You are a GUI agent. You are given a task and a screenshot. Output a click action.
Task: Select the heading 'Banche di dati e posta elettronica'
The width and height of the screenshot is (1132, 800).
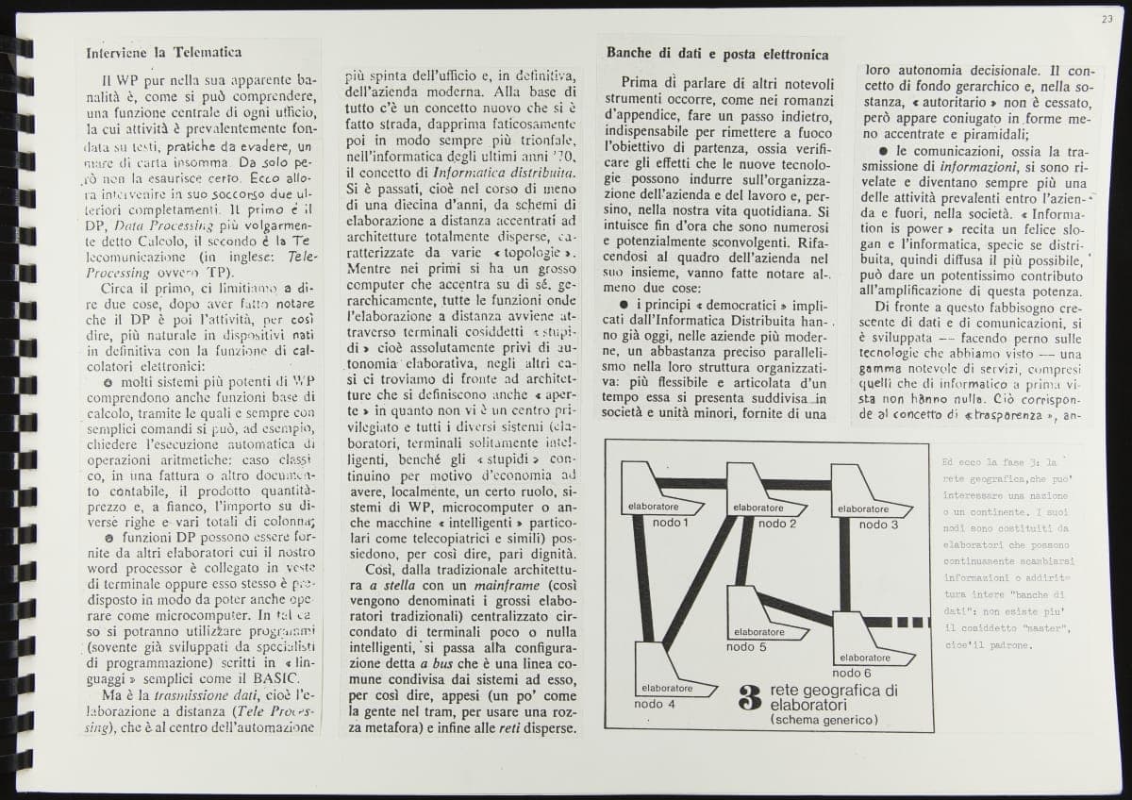pyautogui.click(x=718, y=54)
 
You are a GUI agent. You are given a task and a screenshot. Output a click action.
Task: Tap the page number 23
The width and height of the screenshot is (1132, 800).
pyautogui.click(x=1107, y=18)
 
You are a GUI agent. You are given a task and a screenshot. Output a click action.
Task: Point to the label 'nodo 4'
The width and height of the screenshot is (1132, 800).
pyautogui.click(x=654, y=704)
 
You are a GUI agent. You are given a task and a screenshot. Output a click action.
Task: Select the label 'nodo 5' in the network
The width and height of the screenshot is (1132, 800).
pyautogui.click(x=746, y=647)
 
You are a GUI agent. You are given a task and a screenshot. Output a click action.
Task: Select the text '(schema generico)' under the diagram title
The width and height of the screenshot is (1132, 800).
pyautogui.click(x=824, y=720)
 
